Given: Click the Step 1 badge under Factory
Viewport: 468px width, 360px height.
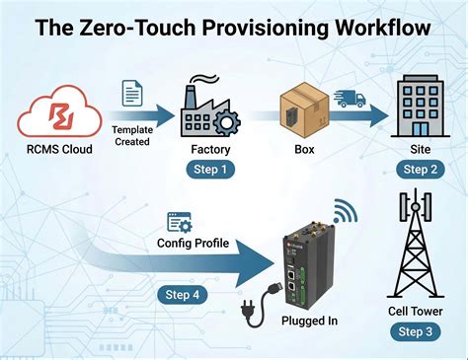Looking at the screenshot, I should (209, 171).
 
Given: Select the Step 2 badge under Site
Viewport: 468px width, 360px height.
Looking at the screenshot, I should (414, 171).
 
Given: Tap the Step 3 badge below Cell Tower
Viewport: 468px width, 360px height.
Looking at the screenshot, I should (415, 331).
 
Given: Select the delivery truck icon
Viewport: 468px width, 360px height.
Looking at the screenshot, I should (351, 100).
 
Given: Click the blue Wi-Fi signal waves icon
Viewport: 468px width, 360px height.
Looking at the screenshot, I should (344, 212).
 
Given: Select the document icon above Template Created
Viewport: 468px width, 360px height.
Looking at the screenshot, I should (130, 95).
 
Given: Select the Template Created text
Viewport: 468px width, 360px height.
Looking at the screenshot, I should (130, 135).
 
